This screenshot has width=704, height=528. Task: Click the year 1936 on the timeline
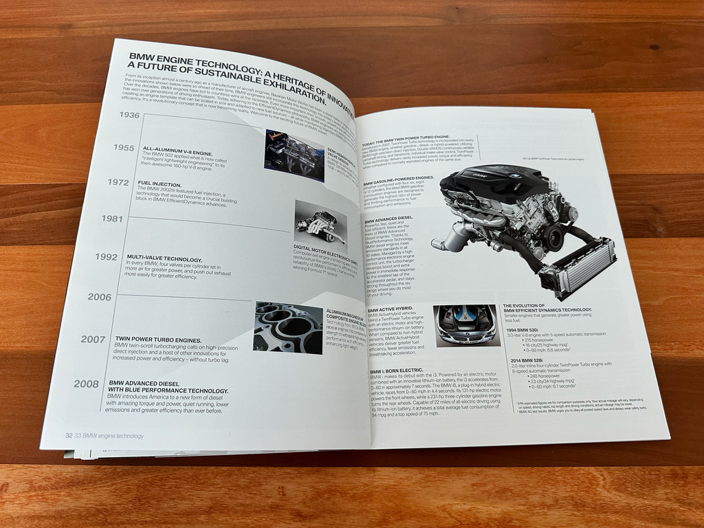[129, 115]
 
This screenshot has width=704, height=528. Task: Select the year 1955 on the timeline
[124, 147]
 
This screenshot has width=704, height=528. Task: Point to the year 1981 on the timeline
[111, 219]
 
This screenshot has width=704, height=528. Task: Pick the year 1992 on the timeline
[106, 257]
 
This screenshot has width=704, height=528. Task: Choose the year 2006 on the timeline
[99, 297]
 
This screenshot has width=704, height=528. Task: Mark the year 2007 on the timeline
[93, 339]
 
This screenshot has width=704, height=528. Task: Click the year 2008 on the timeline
[87, 384]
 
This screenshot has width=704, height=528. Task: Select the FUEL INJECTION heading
[159, 184]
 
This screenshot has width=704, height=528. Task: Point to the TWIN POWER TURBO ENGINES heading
[158, 340]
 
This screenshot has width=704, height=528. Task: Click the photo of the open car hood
[465, 325]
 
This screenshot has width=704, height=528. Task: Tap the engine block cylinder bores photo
[288, 327]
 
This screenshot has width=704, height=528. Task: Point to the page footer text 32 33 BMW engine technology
[104, 435]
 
